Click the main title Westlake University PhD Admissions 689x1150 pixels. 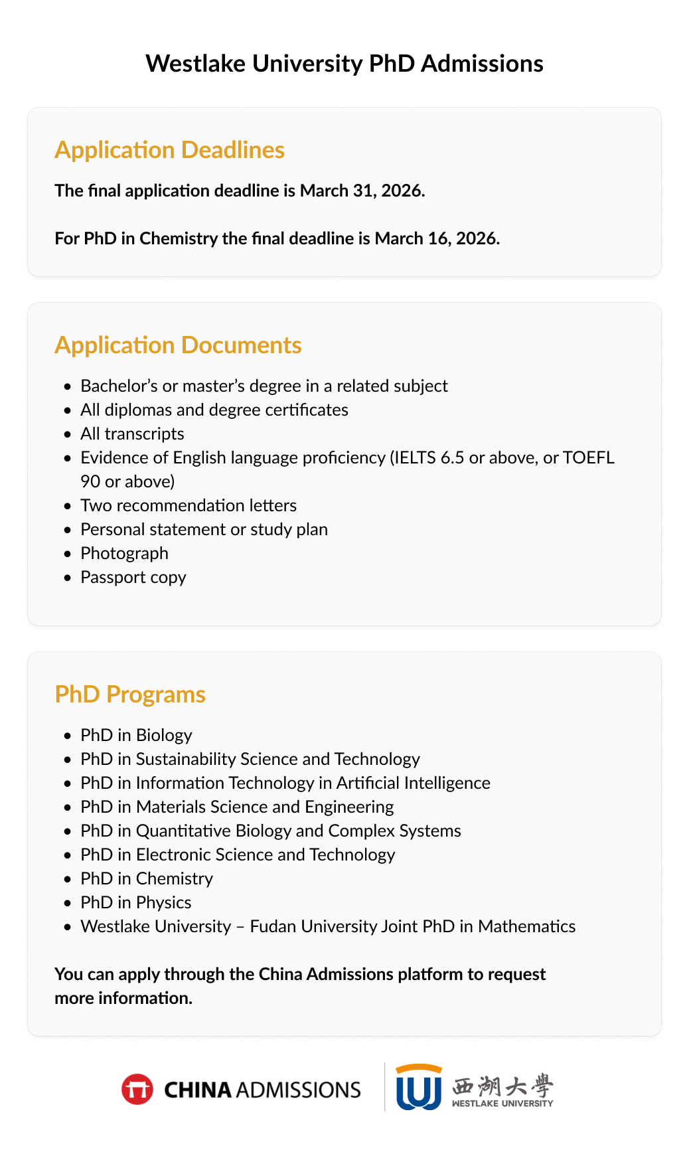point(344,64)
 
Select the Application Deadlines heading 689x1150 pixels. point(169,150)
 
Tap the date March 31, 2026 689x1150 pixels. point(362,191)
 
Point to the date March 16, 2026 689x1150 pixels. point(437,238)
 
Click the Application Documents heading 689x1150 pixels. point(178,345)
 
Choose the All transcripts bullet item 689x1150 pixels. point(132,434)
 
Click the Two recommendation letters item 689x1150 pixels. point(189,505)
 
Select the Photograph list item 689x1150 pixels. point(124,553)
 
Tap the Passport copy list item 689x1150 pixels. point(133,577)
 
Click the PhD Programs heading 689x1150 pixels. point(130,695)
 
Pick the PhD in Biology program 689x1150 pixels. point(136,735)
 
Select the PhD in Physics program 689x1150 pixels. point(135,902)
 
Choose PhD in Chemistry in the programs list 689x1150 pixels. point(147,878)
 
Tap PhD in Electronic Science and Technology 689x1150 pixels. point(238,855)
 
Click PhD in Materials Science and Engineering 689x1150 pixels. point(237,807)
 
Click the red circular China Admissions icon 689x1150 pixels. point(137,1090)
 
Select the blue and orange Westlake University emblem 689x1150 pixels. point(418,1087)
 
